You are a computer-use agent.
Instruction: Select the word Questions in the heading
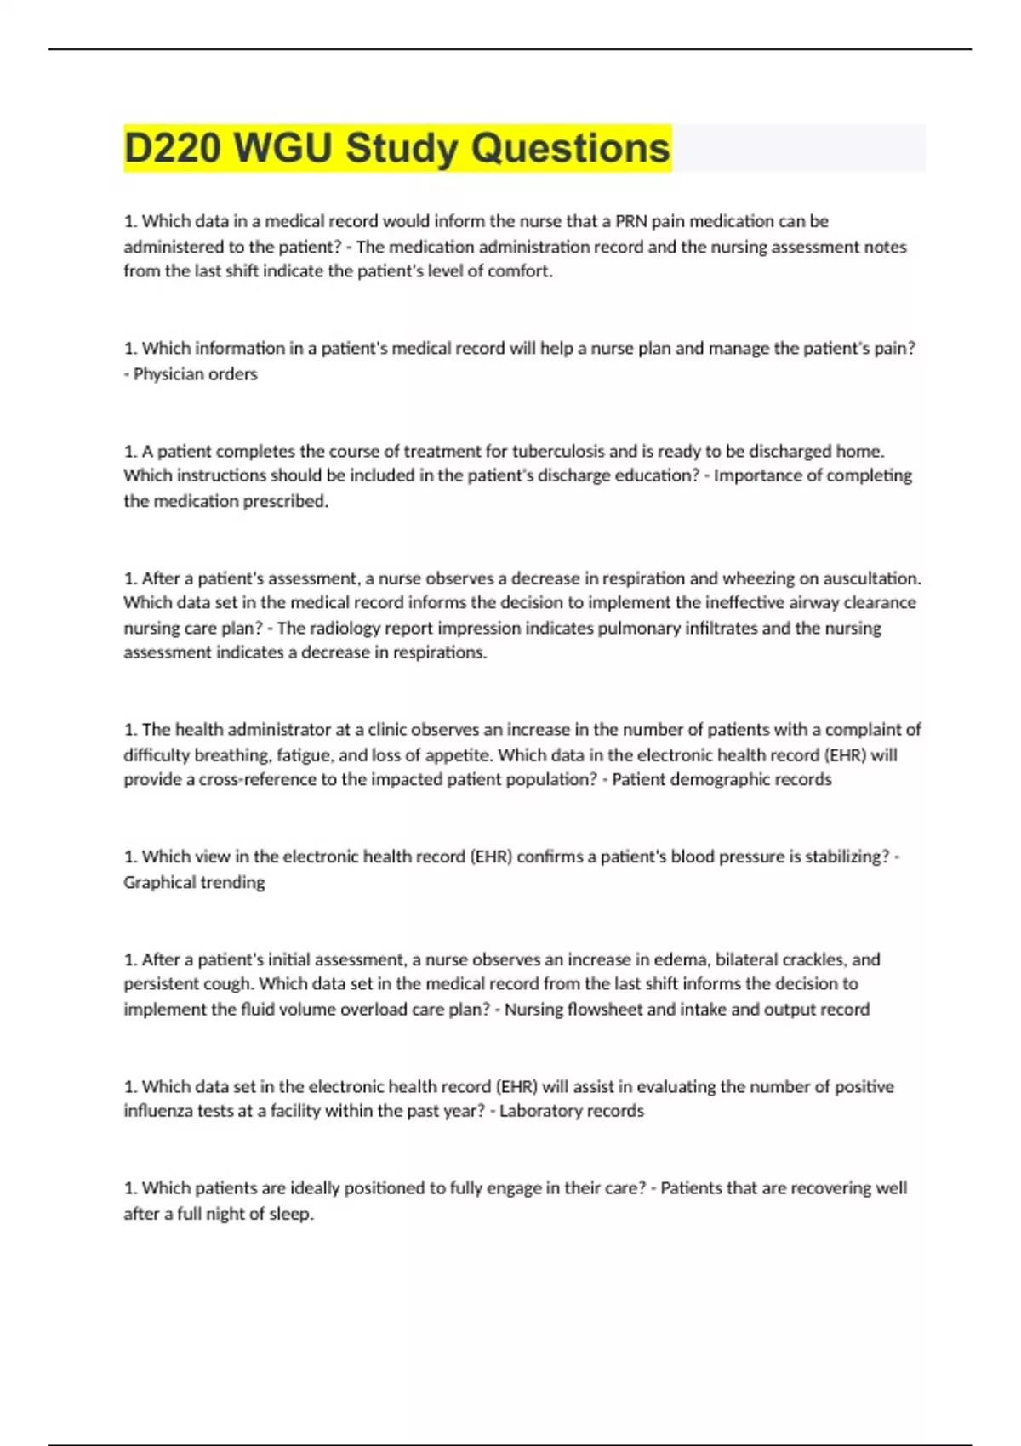pos(570,148)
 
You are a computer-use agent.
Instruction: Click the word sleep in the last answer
pos(292,1214)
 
